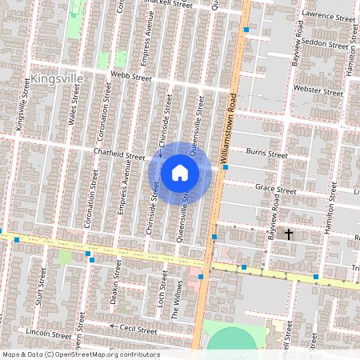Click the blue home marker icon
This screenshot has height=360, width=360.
click(x=180, y=173)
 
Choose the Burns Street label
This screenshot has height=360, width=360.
click(x=266, y=152)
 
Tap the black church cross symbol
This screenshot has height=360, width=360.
click(x=289, y=234)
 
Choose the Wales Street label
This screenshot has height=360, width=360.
click(x=74, y=104)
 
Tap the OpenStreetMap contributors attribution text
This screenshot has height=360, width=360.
click(x=81, y=354)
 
